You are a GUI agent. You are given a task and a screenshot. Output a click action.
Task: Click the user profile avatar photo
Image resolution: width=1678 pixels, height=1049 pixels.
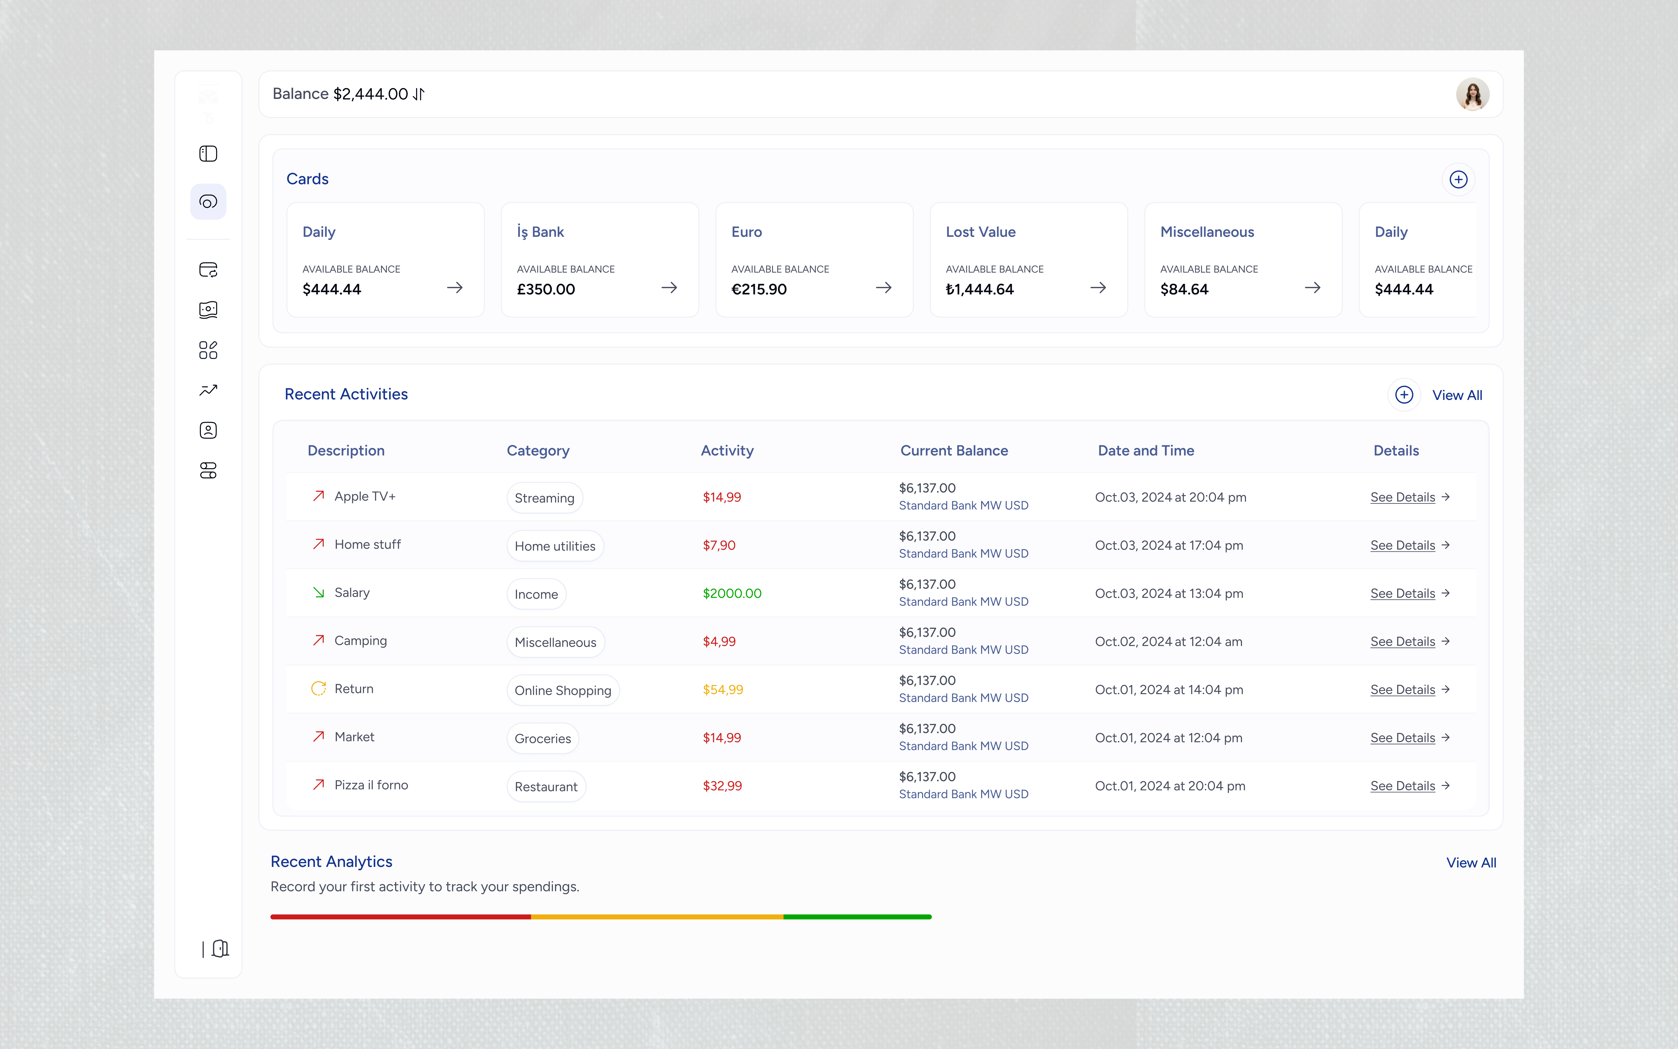tap(1472, 94)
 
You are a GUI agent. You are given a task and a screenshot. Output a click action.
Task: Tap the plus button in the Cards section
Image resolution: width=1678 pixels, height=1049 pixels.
tap(1458, 180)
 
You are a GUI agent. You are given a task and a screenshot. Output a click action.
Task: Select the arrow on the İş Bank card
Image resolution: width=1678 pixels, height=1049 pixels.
tap(669, 288)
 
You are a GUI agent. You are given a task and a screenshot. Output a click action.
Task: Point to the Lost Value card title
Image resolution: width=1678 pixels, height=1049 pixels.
tap(981, 232)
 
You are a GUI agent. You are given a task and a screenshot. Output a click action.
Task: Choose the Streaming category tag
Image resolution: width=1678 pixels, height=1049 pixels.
tap(544, 498)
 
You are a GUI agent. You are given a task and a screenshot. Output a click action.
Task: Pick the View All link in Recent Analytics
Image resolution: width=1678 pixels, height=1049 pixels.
tap(1471, 862)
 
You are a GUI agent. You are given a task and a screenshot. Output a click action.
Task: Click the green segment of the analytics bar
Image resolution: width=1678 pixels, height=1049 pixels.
tap(857, 917)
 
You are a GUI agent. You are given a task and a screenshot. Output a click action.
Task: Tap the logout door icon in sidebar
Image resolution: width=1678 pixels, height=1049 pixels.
tap(220, 948)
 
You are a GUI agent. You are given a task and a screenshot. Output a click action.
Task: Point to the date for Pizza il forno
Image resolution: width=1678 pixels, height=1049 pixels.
tap(1170, 786)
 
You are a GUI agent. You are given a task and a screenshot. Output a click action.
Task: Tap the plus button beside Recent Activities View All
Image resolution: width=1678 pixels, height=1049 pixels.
tap(1404, 395)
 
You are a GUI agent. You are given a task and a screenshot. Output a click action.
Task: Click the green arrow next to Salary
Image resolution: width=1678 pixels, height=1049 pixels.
tap(318, 592)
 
